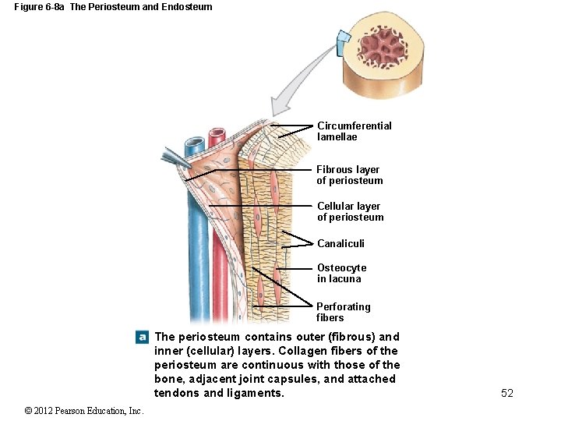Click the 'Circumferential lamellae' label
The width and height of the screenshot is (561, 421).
tap(354, 131)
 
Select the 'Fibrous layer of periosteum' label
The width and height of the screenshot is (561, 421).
tap(349, 175)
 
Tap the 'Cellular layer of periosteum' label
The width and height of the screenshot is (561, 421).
tap(350, 212)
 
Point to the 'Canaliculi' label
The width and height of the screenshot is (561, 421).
tap(340, 243)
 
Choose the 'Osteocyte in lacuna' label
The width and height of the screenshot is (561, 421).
tap(340, 273)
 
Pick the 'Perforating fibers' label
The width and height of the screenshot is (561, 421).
tap(343, 312)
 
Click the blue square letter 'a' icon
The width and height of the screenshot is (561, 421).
tap(142, 338)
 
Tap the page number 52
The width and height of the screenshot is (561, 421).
tap(507, 393)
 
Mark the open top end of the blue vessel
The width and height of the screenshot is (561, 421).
tap(193, 145)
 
